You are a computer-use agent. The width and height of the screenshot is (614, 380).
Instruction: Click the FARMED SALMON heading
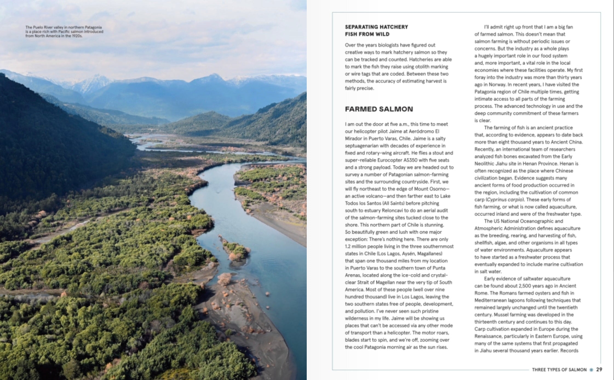[x=379, y=109]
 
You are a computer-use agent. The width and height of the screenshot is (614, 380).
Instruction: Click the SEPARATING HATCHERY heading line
[x=376, y=27]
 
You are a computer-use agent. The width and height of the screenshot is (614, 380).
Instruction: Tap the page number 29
[x=599, y=369]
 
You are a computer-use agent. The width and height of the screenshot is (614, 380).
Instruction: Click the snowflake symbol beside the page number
[x=591, y=370]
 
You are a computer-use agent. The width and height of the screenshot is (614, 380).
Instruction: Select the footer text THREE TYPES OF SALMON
[x=559, y=370]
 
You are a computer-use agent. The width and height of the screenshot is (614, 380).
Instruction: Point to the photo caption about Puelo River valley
[x=64, y=31]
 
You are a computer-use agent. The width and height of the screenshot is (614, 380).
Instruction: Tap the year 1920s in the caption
[x=77, y=36]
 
